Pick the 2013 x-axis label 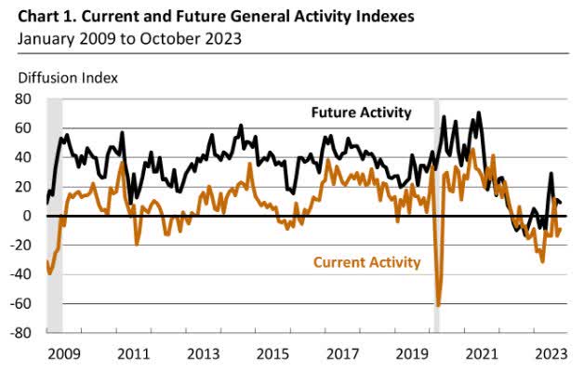[203, 353]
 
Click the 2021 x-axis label [480, 353]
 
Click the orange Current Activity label [366, 263]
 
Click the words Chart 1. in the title [36, 16]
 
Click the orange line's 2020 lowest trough [438, 304]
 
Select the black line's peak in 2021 [479, 113]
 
